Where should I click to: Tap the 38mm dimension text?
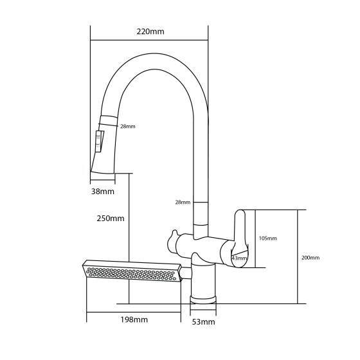coord(102,191)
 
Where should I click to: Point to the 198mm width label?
coord(134,319)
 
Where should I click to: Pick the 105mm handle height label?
coord(267,239)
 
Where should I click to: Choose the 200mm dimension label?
coord(310,257)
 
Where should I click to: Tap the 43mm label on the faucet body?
coord(239,258)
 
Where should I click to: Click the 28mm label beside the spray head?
coord(128,126)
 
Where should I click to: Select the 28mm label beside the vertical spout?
coord(183,203)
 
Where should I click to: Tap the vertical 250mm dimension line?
coord(129,238)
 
